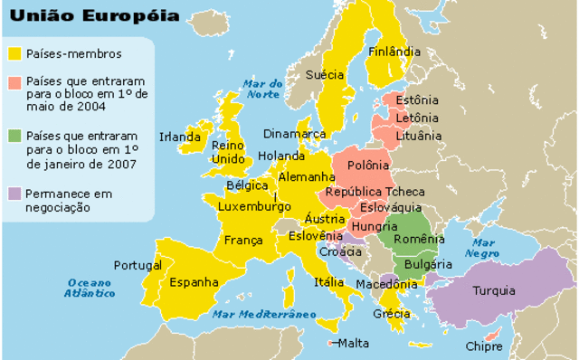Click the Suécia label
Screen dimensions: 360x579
[x=325, y=75]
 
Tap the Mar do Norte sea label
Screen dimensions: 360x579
[x=263, y=89]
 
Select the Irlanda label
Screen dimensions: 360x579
[x=179, y=137]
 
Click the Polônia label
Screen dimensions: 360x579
[x=368, y=166]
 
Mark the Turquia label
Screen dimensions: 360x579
[x=494, y=291]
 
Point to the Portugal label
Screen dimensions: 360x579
[x=138, y=266]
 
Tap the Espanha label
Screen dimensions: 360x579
[x=194, y=282]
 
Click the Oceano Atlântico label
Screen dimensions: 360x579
[x=90, y=289]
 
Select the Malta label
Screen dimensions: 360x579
[x=354, y=343]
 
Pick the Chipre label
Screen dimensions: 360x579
[x=484, y=346]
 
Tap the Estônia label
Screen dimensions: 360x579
[x=417, y=100]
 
